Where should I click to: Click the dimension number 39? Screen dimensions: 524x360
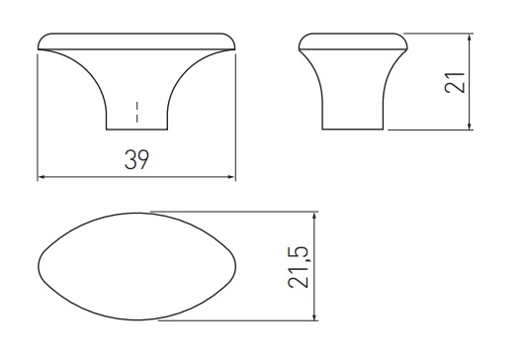pyautogui.click(x=136, y=159)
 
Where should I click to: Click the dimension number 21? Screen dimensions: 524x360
pyautogui.click(x=455, y=82)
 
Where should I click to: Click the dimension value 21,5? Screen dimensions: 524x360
pyautogui.click(x=298, y=267)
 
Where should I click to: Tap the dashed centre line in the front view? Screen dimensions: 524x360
pyautogui.click(x=136, y=112)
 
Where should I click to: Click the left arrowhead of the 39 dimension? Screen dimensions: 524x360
pyautogui.click(x=42, y=177)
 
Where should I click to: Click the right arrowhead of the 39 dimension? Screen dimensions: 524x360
pyautogui.click(x=231, y=177)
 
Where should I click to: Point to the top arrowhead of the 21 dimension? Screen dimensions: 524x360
pyautogui.click(x=470, y=38)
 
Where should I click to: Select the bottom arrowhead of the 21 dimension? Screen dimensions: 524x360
pyautogui.click(x=470, y=126)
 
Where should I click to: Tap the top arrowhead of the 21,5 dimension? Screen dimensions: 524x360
pyautogui.click(x=313, y=216)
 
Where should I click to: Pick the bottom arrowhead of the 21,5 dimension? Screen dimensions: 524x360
pyautogui.click(x=313, y=316)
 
